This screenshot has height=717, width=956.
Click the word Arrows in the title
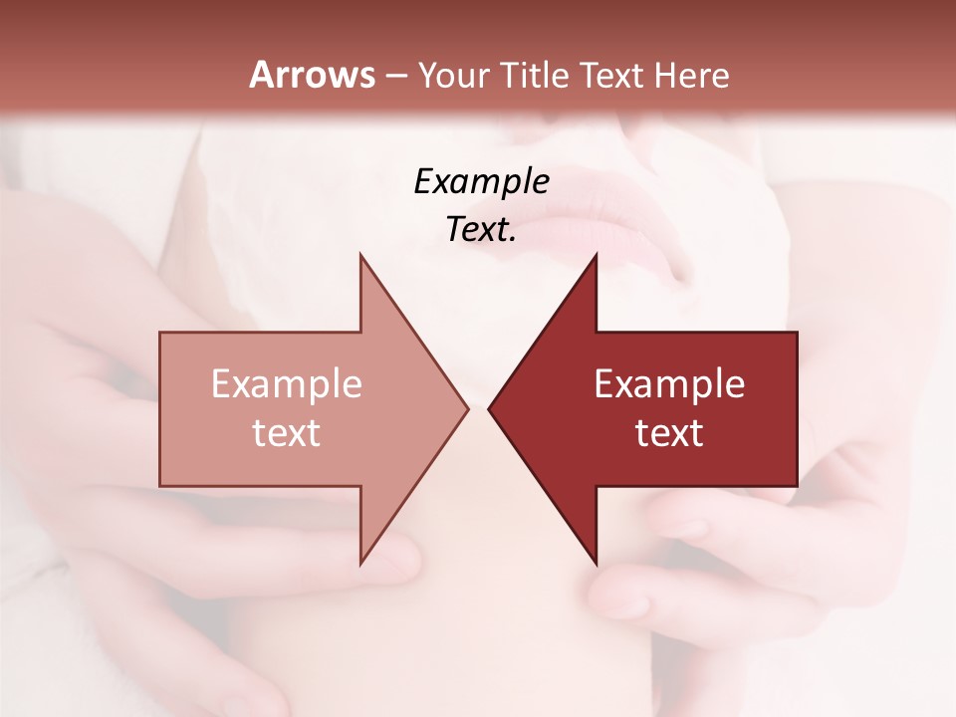[312, 75]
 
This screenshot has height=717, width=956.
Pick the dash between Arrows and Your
[395, 76]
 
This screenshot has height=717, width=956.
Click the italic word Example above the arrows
[481, 181]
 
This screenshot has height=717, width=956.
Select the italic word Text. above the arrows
[481, 230]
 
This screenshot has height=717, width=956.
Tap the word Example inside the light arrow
[287, 383]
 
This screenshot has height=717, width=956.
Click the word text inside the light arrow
[287, 433]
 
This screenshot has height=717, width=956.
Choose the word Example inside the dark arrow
[669, 383]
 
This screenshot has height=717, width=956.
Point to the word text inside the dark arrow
[669, 433]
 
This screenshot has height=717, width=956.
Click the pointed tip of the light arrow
[467, 408]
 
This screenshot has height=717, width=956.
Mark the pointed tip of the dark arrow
[489, 408]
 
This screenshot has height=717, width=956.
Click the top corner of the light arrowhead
[360, 255]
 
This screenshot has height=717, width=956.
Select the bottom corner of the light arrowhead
[360, 564]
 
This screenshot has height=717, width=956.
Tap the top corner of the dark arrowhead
[596, 255]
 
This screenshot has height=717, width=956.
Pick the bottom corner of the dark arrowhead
[596, 564]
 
